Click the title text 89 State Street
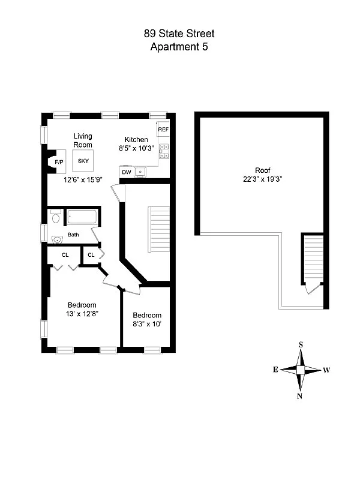click(x=179, y=35)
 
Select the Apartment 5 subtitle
click(x=179, y=47)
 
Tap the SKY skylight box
click(x=83, y=161)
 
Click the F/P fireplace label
click(x=59, y=163)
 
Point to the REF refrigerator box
click(x=163, y=130)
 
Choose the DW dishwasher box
click(x=127, y=173)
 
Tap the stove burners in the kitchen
click(x=164, y=153)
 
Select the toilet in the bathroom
click(x=55, y=216)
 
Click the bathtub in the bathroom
click(x=82, y=217)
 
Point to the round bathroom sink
click(x=58, y=240)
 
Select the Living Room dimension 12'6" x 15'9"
click(x=85, y=179)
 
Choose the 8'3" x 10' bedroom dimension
click(x=147, y=324)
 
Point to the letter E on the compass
click(x=275, y=370)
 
